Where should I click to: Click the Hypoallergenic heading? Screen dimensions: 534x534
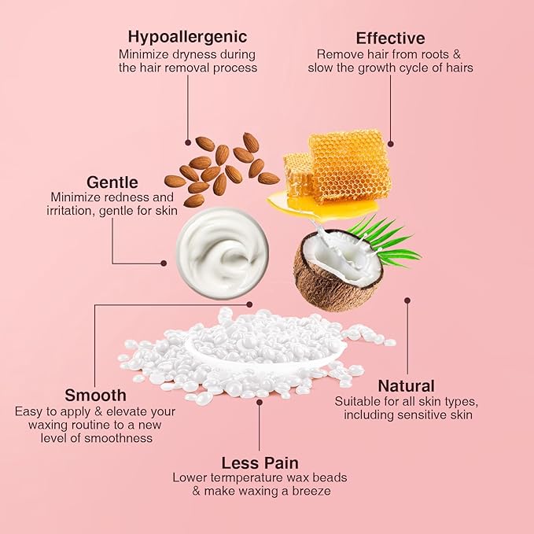(x=187, y=37)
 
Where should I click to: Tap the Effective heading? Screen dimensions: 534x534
(x=390, y=39)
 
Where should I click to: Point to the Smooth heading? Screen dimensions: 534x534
(x=95, y=395)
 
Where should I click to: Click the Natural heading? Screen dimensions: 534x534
(x=406, y=386)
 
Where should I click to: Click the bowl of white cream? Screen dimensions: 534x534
(x=213, y=251)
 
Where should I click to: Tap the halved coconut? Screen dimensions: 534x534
(x=337, y=269)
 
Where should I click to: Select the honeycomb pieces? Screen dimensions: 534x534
(x=338, y=164)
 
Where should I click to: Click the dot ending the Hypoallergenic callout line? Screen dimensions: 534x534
(x=188, y=142)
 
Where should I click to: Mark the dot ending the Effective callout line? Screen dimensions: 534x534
(x=391, y=143)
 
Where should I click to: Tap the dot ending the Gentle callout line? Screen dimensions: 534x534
(x=164, y=263)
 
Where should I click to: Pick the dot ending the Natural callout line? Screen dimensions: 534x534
(x=407, y=299)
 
